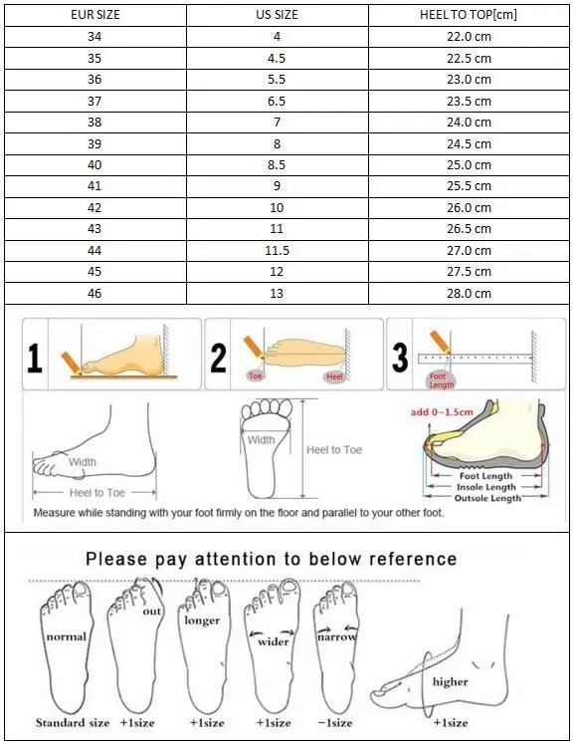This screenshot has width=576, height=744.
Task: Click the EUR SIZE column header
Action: pos(96,15)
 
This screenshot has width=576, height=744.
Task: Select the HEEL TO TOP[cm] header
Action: pos(468,15)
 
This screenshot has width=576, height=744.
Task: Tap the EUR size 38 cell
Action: pos(96,123)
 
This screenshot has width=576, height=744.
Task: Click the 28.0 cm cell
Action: pos(468,294)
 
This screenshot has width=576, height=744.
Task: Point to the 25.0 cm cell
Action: pos(468,165)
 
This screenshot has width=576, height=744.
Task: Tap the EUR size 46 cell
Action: pos(96,294)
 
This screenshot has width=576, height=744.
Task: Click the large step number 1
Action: pos(35,358)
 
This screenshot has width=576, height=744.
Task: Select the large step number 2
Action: pos(219,358)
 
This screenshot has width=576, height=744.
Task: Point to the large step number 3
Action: pos(400,358)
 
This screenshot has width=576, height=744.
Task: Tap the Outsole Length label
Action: pos(487,498)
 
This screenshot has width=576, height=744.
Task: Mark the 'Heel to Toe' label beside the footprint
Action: pos(334,450)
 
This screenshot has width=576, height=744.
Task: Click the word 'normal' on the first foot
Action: pos(67,636)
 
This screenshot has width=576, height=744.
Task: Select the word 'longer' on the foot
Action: pos(202,620)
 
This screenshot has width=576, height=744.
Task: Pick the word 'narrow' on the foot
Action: pos(336,636)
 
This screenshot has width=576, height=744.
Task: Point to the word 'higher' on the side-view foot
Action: pos(450,682)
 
